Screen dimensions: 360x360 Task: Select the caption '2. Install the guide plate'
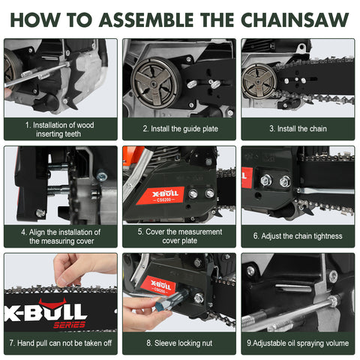[x=179, y=129]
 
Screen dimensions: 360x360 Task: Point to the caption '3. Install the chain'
[x=298, y=129]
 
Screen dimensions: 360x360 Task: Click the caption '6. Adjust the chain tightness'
[x=298, y=236]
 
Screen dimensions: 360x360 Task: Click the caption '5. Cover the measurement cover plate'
[x=179, y=236]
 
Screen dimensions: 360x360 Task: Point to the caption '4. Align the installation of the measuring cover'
[x=60, y=236]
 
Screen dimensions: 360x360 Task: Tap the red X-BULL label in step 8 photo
[x=160, y=286]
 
